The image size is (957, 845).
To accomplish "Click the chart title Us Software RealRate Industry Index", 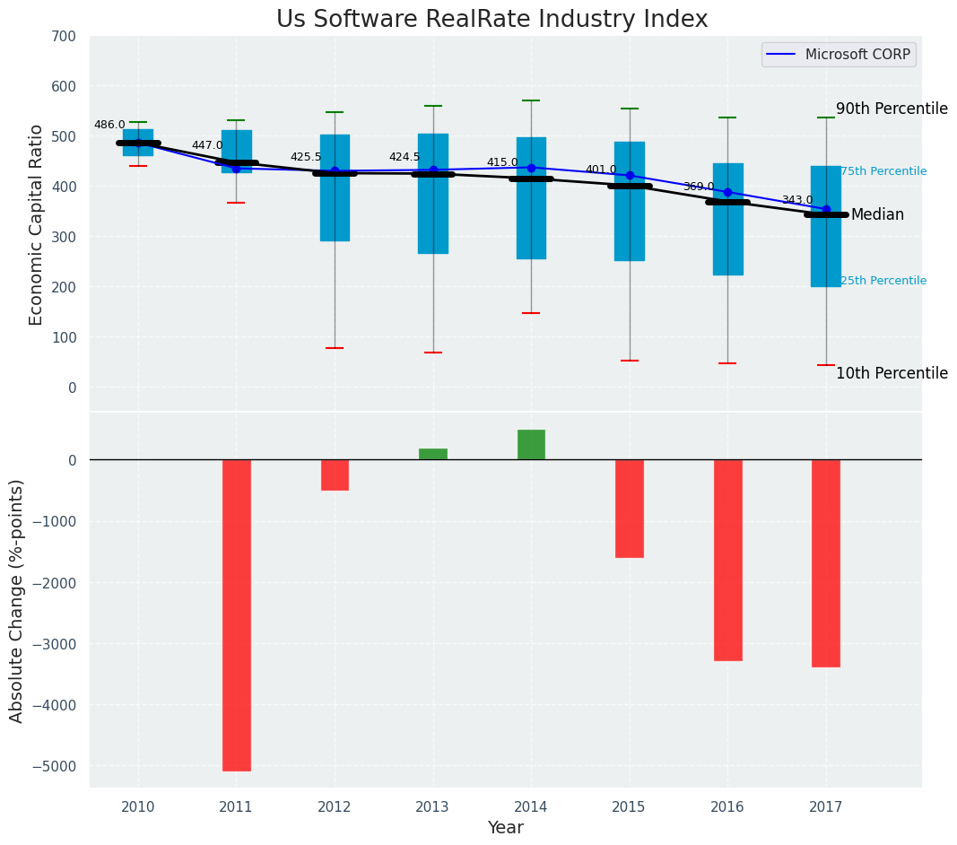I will [x=492, y=20].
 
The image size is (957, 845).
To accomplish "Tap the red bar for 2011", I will [x=237, y=614].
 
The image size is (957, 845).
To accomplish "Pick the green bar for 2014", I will [x=531, y=445].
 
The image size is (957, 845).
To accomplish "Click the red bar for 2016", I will [x=727, y=560].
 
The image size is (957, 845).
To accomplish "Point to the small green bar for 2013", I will [x=433, y=454].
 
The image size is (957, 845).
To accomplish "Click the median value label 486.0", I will [x=109, y=126].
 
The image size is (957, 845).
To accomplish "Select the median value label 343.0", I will [x=797, y=201].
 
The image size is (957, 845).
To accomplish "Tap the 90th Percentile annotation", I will [x=892, y=109].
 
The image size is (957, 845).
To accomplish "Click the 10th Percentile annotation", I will [x=892, y=374].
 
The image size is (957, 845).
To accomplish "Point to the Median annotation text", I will [x=877, y=215].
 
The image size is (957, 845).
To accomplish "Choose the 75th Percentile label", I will [x=883, y=171].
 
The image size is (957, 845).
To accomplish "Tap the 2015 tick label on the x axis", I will [x=629, y=807].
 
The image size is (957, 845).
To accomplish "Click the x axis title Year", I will [x=506, y=828].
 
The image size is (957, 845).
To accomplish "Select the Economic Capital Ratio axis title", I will [x=37, y=224].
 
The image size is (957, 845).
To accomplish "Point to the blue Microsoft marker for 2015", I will [x=630, y=176].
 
